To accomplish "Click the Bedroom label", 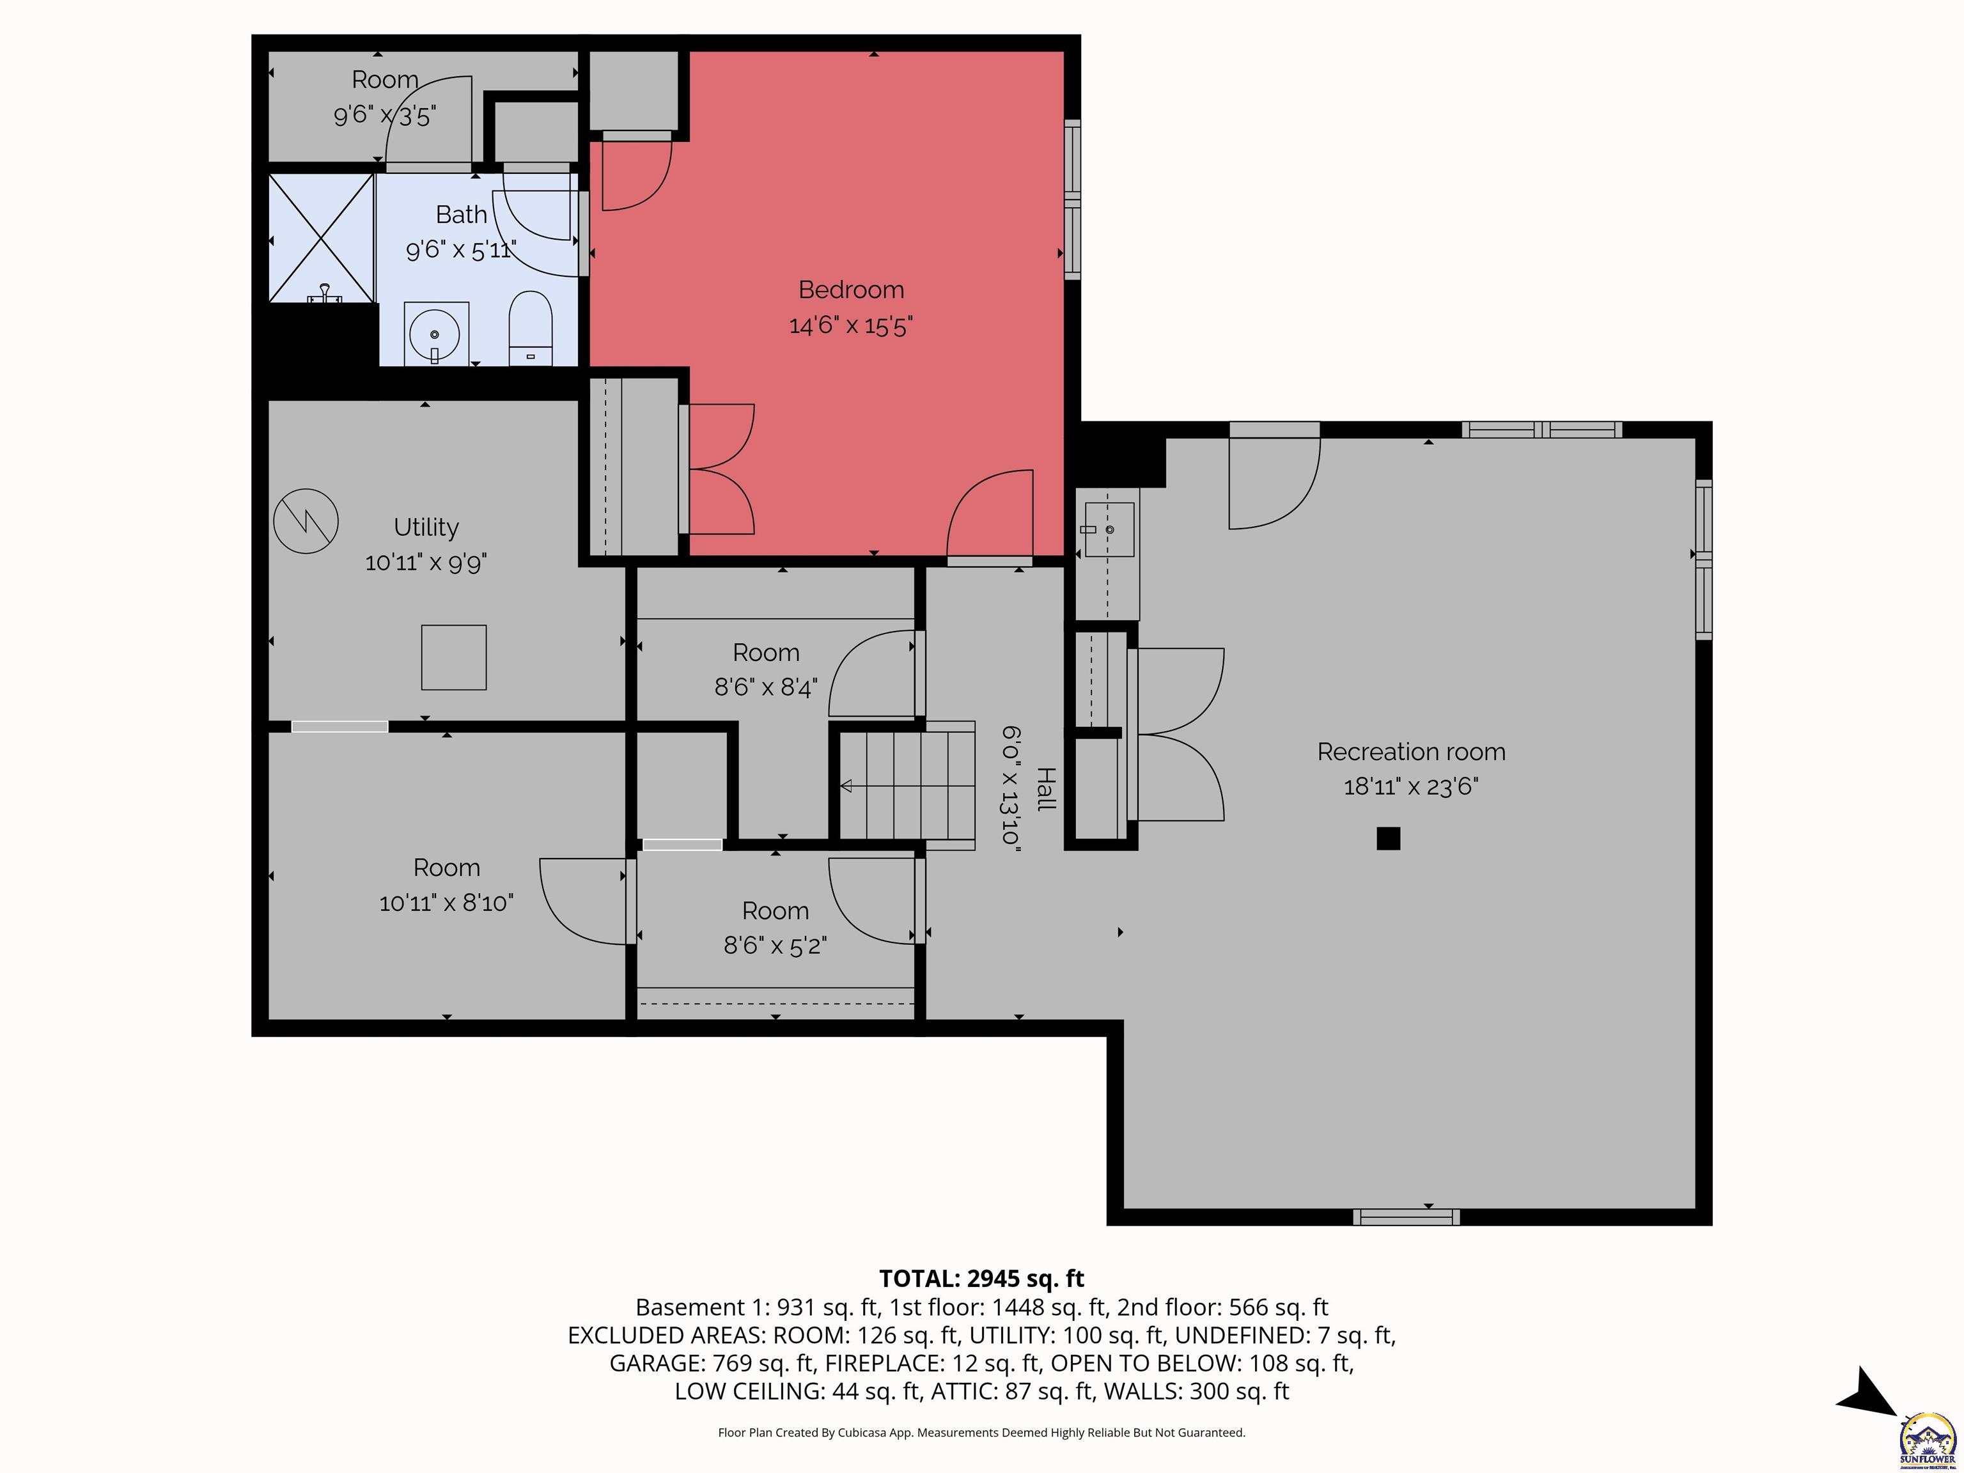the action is tap(850, 290).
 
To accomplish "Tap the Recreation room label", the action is tap(1411, 752).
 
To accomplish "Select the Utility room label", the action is tap(426, 527).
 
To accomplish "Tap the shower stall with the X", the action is tap(322, 238).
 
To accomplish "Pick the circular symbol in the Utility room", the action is tap(306, 521).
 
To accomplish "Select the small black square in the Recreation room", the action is tap(1388, 838).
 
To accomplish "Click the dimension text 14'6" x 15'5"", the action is tap(850, 326).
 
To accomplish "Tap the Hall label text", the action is tap(1047, 788).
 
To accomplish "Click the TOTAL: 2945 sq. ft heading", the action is tap(981, 1279).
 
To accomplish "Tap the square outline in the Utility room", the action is tap(454, 657).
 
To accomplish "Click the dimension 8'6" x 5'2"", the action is tap(775, 946).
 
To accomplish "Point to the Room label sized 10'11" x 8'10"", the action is tap(447, 868).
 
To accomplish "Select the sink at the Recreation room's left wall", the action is tap(1109, 530).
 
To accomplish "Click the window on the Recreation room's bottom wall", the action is tap(1407, 1217).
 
